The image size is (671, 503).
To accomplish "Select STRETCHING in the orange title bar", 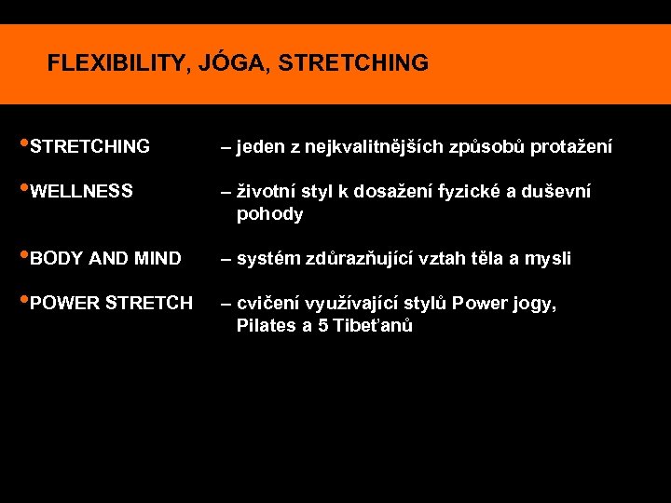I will [353, 63].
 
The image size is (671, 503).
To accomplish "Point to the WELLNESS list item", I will [81, 192].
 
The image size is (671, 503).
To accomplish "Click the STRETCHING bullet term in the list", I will [89, 147].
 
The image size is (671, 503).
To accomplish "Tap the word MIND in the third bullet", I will [157, 259].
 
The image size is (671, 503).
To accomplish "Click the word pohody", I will [270, 214].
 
